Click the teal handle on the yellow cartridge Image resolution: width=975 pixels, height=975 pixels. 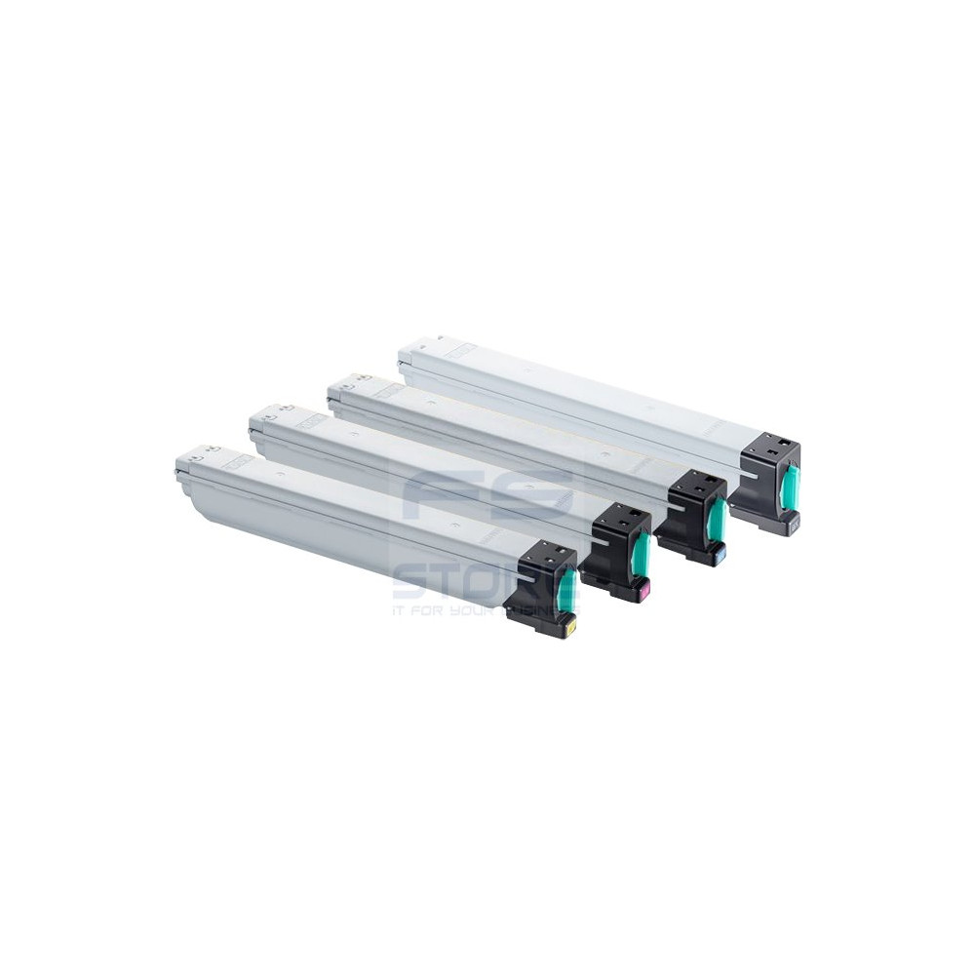(x=566, y=590)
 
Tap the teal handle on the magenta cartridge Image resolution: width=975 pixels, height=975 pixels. (x=641, y=554)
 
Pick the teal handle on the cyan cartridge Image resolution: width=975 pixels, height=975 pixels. (x=718, y=520)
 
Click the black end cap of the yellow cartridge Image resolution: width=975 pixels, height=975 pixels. (x=541, y=585)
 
